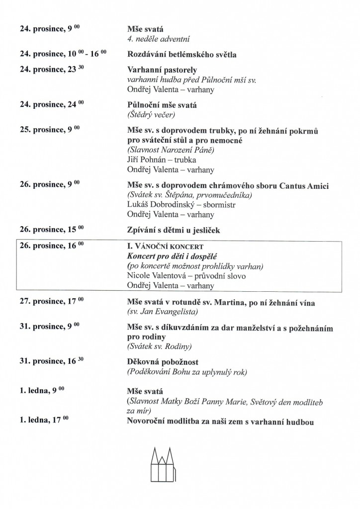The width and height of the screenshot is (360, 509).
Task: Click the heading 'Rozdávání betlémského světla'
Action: [x=181, y=54]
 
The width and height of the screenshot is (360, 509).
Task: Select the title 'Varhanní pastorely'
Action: [x=162, y=70]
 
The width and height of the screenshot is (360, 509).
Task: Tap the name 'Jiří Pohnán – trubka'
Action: [x=162, y=160]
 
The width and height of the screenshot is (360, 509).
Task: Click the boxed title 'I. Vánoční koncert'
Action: [x=166, y=247]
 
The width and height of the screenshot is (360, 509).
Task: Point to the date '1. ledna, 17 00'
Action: [x=44, y=422]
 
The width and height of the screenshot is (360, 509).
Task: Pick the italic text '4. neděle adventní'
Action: [x=159, y=38]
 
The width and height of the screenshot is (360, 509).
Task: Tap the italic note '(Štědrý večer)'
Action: [x=152, y=115]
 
